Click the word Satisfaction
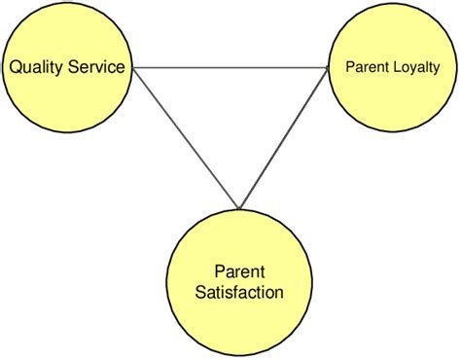coord(238,290)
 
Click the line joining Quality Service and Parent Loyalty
coord(231,67)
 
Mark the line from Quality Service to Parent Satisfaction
coord(185,137)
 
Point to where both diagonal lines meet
coord(237,207)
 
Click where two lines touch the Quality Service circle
coord(132,67)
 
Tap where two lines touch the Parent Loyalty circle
coord(329,67)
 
